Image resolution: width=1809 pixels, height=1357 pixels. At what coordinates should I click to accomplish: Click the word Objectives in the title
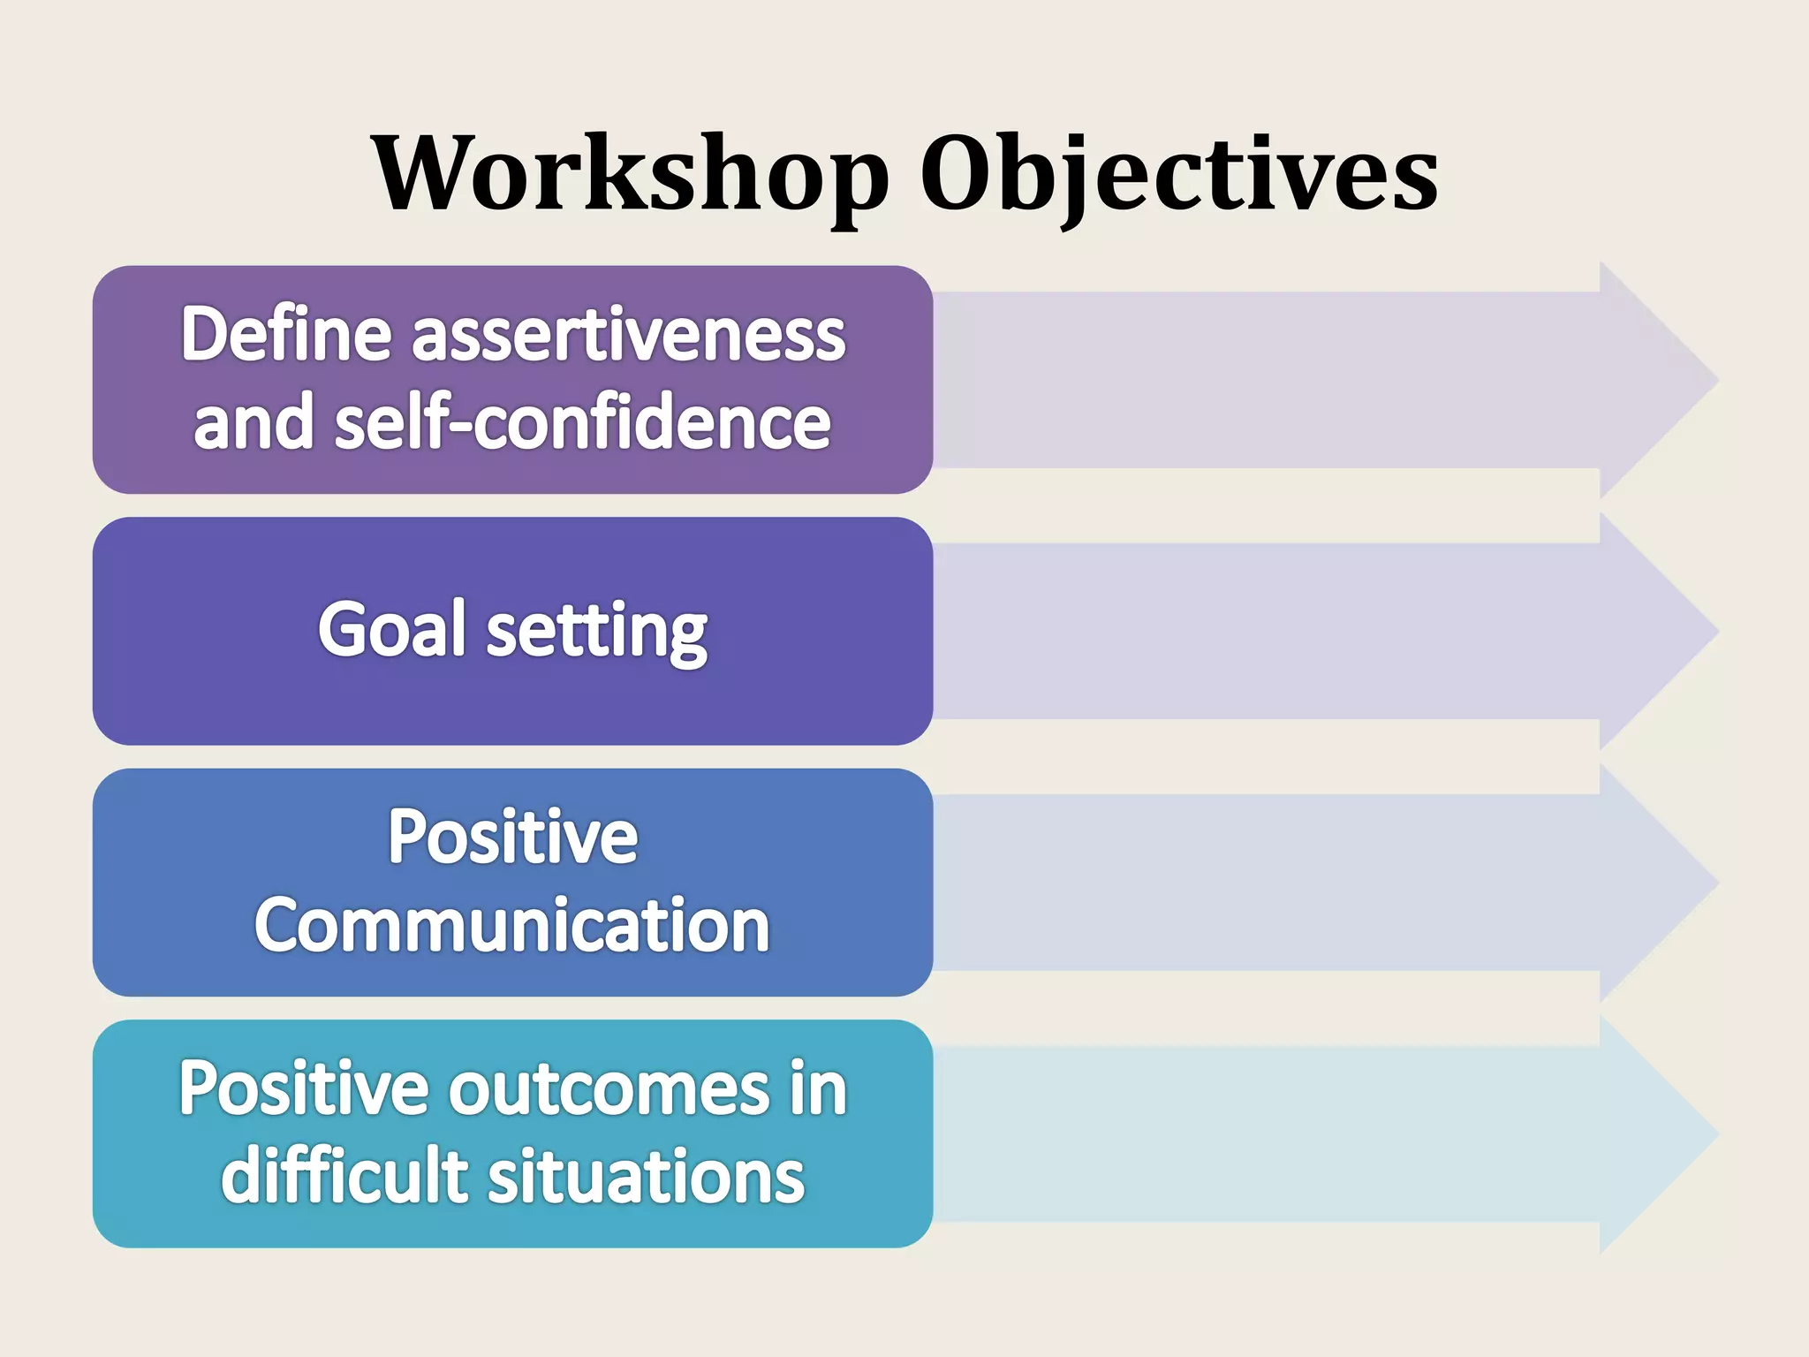click(1179, 173)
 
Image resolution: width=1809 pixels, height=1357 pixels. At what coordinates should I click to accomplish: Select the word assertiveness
click(628, 336)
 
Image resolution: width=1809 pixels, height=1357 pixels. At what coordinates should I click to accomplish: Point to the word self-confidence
click(583, 422)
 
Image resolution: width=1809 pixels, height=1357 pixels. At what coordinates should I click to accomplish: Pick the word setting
click(597, 630)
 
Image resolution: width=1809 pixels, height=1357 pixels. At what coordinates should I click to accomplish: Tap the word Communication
click(512, 925)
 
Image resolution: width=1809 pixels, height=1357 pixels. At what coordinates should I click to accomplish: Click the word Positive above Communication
click(512, 836)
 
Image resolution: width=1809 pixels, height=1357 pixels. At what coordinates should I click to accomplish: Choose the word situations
click(647, 1176)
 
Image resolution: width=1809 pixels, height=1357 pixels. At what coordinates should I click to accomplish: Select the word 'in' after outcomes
click(819, 1088)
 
